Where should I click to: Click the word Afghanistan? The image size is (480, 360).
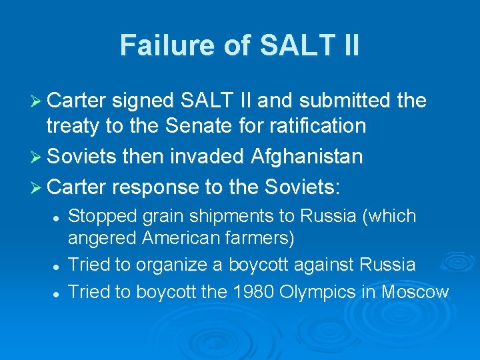click(x=307, y=157)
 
